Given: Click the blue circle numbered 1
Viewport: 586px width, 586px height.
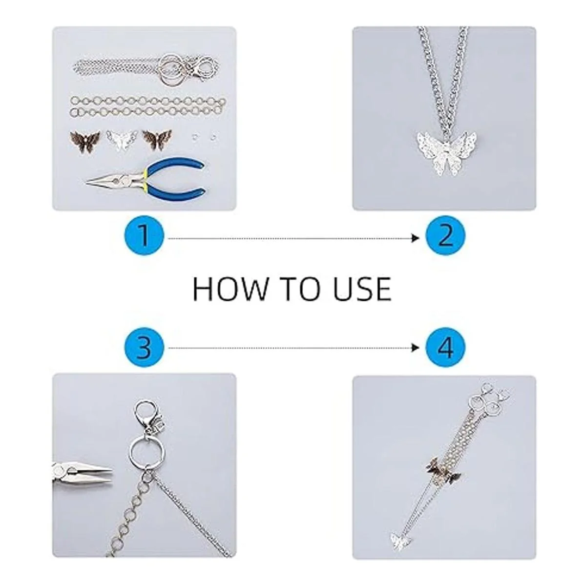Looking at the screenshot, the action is (144, 236).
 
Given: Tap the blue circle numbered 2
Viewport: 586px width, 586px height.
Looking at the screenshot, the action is (445, 236).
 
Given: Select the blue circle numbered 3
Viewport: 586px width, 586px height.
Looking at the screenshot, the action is (144, 348).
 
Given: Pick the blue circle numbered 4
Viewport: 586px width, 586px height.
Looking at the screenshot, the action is (445, 348).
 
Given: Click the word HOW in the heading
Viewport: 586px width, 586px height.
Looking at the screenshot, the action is (230, 289).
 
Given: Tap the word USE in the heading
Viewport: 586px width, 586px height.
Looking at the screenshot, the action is (362, 289).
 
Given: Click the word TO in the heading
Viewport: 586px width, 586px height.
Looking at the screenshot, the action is (299, 289).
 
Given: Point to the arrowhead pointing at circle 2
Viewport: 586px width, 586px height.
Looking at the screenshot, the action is (415, 238).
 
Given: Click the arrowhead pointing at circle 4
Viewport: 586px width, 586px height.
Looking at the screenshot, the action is (415, 348).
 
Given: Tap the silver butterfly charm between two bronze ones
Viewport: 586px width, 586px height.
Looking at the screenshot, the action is (122, 141).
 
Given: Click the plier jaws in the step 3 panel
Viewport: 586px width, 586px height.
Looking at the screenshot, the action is (82, 478).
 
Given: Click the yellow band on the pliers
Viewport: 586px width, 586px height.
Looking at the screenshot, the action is (144, 178).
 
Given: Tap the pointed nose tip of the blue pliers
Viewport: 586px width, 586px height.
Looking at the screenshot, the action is (86, 183).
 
